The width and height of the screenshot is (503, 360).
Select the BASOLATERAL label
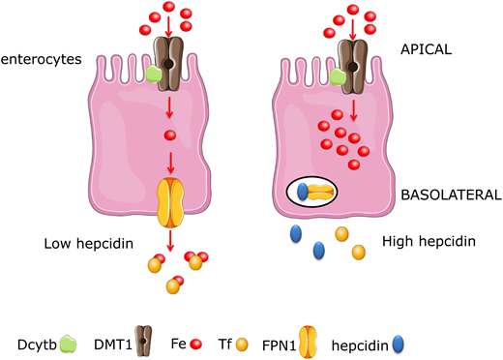click(x=451, y=195)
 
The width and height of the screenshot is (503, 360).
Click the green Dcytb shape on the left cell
click(x=152, y=73)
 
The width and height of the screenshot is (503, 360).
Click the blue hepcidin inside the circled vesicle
click(x=302, y=192)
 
